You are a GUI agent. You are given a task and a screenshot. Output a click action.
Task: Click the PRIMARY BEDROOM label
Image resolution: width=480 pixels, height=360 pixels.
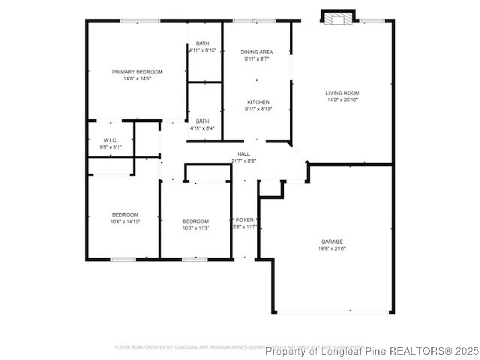coord(137,72)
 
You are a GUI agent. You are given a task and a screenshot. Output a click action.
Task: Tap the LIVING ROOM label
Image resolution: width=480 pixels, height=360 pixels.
coord(342,93)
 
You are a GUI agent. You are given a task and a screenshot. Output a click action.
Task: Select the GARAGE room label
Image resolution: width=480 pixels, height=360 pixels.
coord(332,241)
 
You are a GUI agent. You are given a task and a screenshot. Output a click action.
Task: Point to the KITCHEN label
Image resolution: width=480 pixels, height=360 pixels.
coord(259,102)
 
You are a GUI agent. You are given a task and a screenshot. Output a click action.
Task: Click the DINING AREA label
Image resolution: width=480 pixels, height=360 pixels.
coord(256,52)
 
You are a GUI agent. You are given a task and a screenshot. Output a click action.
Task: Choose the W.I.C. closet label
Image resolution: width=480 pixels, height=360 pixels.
coord(110,140)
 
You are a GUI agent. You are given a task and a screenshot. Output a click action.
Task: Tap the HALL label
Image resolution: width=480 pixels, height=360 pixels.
coord(244,154)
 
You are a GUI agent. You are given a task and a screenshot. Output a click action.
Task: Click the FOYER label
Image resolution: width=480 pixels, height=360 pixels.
coord(246,220)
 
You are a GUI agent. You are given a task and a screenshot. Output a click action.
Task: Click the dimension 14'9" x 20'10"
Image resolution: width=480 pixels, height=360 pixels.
coord(342,100)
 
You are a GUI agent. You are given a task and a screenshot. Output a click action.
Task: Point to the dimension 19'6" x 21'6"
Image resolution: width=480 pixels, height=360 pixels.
coord(332,248)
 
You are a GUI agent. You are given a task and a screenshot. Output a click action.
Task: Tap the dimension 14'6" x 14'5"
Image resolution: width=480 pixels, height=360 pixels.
coord(137,78)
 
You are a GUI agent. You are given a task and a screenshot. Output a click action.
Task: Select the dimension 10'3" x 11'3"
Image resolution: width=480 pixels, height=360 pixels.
coord(195,227)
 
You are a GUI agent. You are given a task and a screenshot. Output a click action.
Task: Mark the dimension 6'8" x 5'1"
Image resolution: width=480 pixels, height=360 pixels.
coord(110,147)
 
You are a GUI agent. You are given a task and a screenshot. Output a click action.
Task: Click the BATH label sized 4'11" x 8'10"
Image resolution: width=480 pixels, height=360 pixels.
coord(202,43)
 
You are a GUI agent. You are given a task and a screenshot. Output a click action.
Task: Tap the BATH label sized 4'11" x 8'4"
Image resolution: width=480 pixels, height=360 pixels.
coord(202,121)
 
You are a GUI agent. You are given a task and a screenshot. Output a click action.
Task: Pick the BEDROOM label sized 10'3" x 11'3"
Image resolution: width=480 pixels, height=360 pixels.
coord(195,220)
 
